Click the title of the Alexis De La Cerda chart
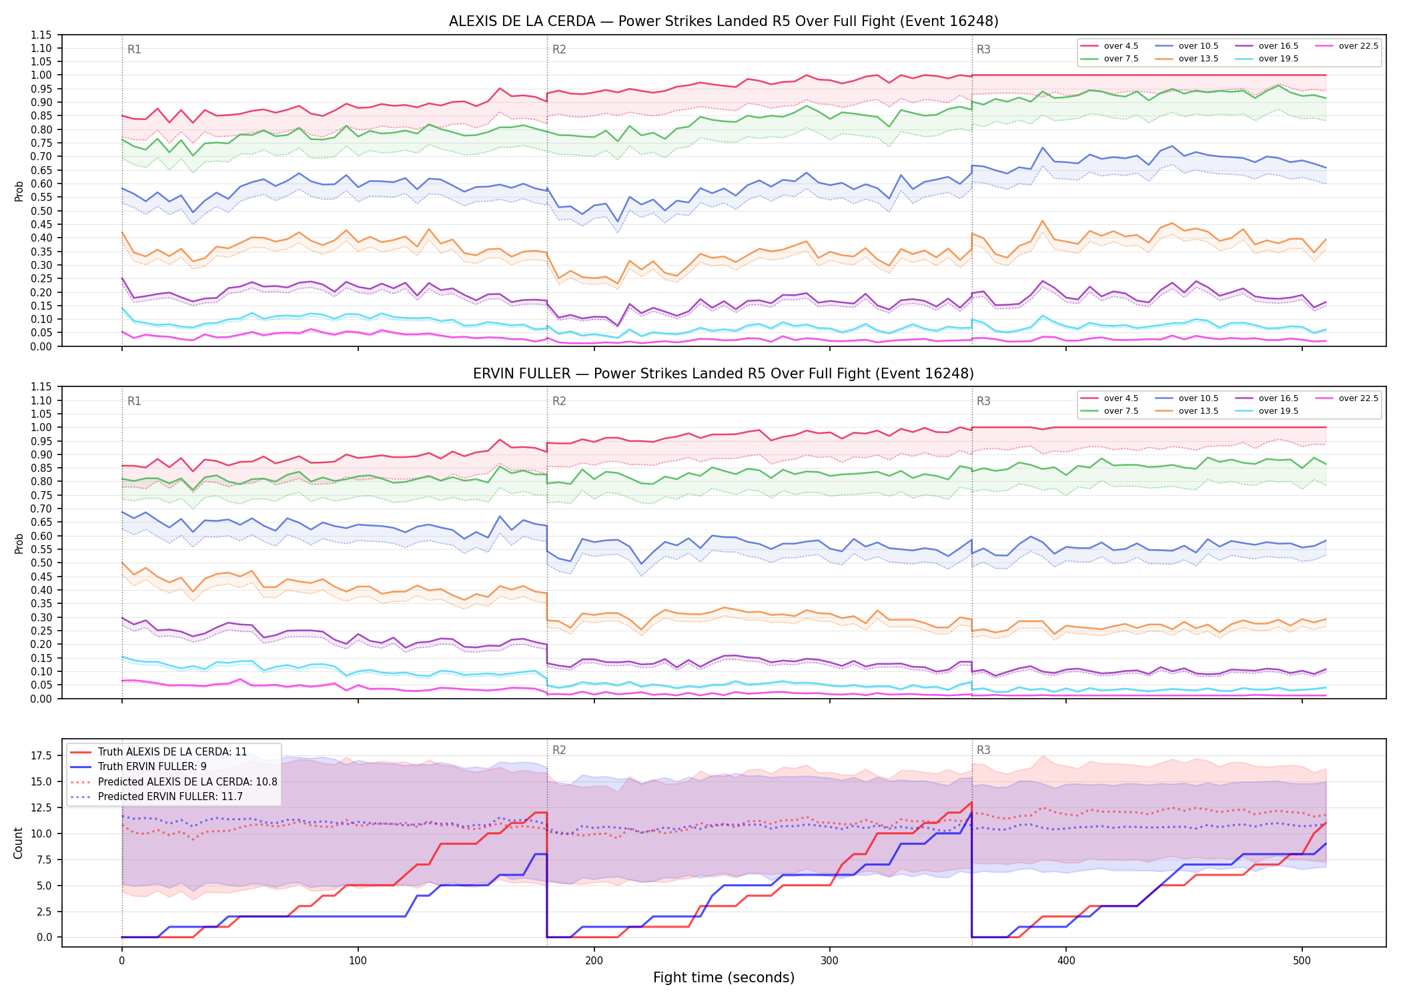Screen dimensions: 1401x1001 (x=723, y=21)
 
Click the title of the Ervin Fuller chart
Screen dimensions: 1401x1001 (x=723, y=374)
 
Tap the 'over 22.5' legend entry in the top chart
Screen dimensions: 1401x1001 (x=1346, y=46)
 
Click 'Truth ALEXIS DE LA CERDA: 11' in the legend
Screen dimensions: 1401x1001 (x=158, y=752)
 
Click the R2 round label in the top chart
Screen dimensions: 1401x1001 (x=559, y=49)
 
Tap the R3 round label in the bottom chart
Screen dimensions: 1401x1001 (x=983, y=750)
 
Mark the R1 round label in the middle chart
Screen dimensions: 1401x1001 (x=134, y=401)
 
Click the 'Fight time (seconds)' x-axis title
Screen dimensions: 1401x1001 (x=724, y=978)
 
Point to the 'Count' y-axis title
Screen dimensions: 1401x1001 (x=18, y=843)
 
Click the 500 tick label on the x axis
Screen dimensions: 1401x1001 (x=1302, y=961)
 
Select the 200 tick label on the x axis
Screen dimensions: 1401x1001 (x=594, y=961)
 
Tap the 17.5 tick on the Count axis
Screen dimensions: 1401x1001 (x=41, y=755)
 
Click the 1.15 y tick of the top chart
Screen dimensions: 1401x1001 (x=41, y=35)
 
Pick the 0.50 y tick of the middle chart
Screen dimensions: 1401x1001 (x=41, y=563)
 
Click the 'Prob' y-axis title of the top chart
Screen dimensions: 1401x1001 (x=19, y=192)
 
